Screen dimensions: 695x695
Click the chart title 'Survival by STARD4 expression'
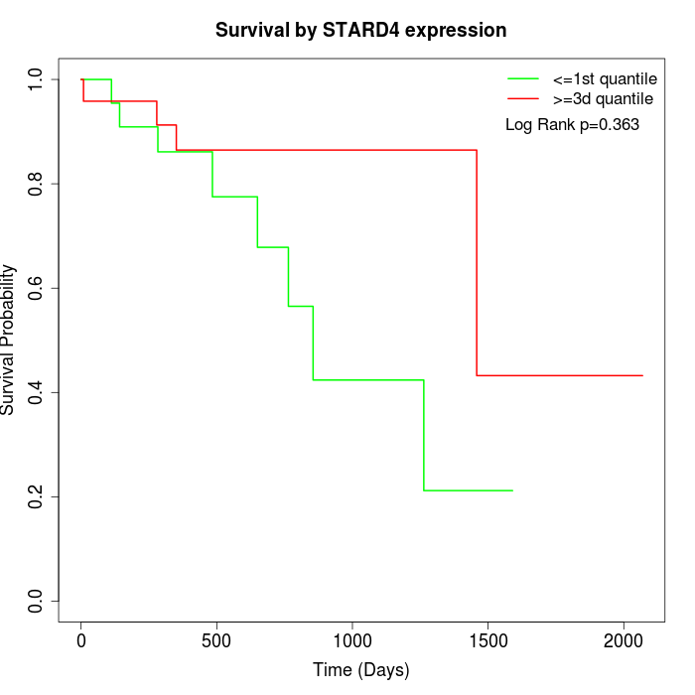(x=361, y=31)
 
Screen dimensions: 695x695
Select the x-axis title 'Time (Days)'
(x=361, y=670)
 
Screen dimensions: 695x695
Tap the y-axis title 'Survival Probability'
(x=9, y=340)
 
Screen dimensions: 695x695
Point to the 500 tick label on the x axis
(x=216, y=640)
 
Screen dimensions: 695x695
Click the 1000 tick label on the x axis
(x=352, y=640)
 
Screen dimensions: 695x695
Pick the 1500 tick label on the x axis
(x=487, y=640)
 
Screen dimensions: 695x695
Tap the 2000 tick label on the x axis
(x=624, y=640)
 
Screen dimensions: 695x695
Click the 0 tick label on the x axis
(x=81, y=640)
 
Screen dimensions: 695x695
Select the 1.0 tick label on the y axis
(x=37, y=79)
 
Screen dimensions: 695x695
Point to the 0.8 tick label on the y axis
(x=37, y=184)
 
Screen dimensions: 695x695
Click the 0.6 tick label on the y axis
(x=37, y=288)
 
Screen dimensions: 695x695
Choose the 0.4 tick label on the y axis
(x=37, y=392)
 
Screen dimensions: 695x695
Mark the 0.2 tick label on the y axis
(x=37, y=496)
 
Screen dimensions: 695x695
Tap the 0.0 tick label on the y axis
(x=37, y=601)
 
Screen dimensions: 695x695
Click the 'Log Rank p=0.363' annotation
(x=572, y=125)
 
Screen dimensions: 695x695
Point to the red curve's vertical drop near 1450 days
(x=477, y=263)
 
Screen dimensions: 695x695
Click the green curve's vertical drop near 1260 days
(x=424, y=435)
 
